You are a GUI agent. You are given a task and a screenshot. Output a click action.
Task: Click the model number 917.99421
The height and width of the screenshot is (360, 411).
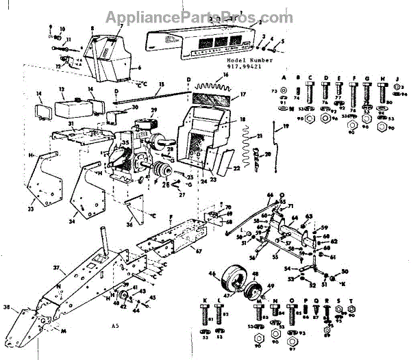(x=243, y=67)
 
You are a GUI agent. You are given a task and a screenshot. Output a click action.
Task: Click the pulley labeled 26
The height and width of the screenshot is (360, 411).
(x=164, y=170)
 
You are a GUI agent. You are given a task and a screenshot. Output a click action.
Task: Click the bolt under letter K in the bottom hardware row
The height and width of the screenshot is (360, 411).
(x=205, y=316)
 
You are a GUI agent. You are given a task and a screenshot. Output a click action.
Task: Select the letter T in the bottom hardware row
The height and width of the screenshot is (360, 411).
(x=351, y=300)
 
